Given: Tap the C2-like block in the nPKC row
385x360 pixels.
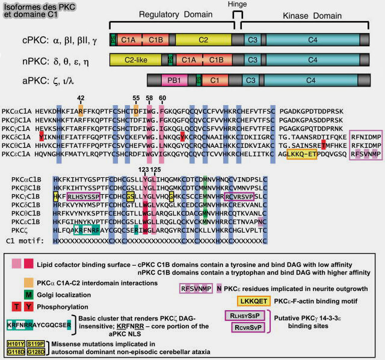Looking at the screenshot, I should click(x=138, y=60).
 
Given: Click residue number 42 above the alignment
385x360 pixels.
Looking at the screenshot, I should click(x=81, y=97).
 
